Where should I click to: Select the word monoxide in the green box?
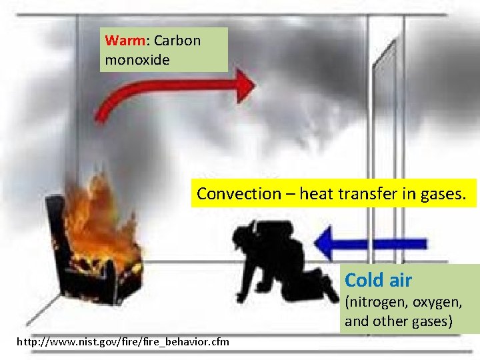tap(137, 60)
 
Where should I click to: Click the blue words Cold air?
tap(378, 280)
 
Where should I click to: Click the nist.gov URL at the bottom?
tap(123, 342)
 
